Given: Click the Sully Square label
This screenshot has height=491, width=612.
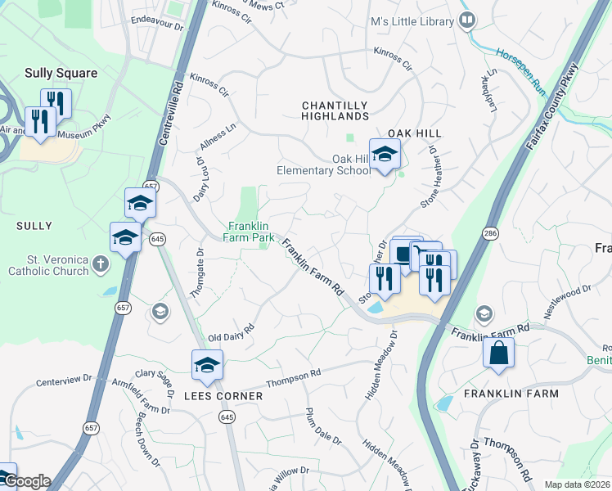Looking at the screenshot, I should [61, 73].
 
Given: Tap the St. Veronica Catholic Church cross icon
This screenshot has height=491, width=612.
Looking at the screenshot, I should [100, 263].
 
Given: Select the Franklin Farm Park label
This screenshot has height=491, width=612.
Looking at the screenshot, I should [250, 232].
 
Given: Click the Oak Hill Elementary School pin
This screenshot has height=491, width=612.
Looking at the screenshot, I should [384, 155].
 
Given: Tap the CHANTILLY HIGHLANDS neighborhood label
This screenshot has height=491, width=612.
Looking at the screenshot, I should [335, 111].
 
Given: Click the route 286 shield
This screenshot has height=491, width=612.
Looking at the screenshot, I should [489, 233].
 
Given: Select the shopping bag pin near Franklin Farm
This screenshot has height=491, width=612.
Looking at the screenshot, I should [498, 354].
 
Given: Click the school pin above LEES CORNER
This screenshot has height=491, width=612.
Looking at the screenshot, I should [207, 365].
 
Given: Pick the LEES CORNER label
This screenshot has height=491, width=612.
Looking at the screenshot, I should [223, 396].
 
